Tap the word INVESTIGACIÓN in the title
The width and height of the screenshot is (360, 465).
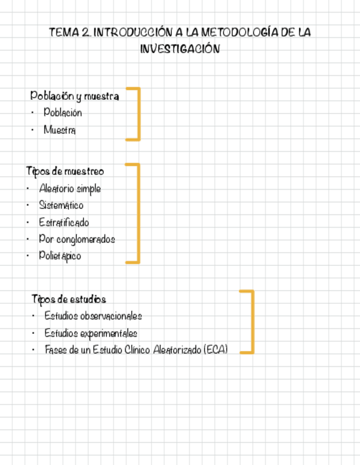point(180,49)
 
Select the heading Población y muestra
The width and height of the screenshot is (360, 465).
point(75,96)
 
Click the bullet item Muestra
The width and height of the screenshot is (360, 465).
point(60,130)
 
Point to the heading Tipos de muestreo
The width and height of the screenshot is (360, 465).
point(65,172)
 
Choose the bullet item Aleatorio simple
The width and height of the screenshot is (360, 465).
point(70,189)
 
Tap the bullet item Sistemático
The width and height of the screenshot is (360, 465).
point(61,206)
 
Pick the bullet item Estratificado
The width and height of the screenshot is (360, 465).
point(64,223)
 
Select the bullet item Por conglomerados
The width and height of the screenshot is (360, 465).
point(77,239)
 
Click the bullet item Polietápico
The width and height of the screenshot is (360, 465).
point(60,256)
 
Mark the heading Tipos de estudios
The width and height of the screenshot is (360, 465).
point(69,299)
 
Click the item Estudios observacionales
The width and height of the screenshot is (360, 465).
point(93,316)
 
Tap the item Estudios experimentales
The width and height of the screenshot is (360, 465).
point(91,333)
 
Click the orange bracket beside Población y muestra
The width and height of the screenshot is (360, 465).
point(138,114)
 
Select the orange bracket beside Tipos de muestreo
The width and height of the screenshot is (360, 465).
point(138,213)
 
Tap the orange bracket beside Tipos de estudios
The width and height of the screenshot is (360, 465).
point(252,321)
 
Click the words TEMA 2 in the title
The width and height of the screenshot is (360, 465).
point(70,32)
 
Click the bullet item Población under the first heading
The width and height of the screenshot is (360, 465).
point(63,113)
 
